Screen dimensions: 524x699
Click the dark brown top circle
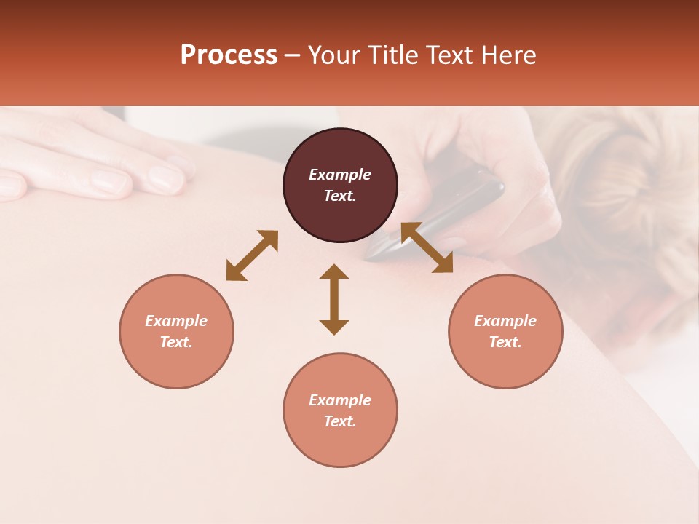pyautogui.click(x=340, y=186)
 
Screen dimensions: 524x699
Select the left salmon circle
pyautogui.click(x=176, y=331)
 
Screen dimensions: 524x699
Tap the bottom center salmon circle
pyautogui.click(x=340, y=410)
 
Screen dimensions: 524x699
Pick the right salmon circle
pyautogui.click(x=505, y=331)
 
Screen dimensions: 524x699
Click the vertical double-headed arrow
pyautogui.click(x=334, y=299)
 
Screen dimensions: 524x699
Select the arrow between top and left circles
pyautogui.click(x=252, y=255)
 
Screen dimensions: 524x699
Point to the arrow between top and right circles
pyautogui.click(x=427, y=247)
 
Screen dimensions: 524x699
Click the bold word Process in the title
pyautogui.click(x=229, y=55)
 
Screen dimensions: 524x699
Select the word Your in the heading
pyautogui.click(x=333, y=55)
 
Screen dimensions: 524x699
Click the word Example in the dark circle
pyautogui.click(x=340, y=175)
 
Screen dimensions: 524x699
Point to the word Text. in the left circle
pyautogui.click(x=176, y=342)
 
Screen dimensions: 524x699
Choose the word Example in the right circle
pyautogui.click(x=505, y=321)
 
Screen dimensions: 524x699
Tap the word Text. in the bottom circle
pyautogui.click(x=340, y=421)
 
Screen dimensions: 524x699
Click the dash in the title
pyautogui.click(x=293, y=56)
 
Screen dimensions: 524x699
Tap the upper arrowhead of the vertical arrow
pyautogui.click(x=334, y=272)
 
